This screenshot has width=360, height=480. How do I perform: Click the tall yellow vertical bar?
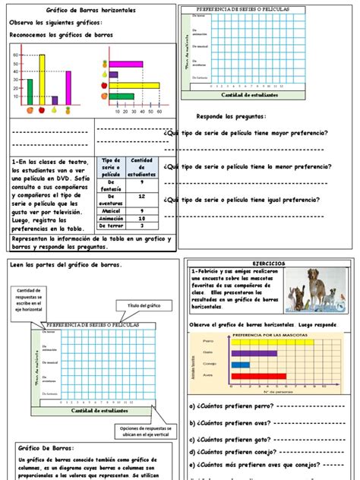tap(43, 79)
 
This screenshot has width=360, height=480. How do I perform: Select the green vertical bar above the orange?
tap(30, 90)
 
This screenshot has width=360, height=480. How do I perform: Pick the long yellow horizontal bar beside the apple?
tap(134, 86)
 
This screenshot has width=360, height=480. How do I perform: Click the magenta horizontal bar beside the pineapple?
tap(126, 65)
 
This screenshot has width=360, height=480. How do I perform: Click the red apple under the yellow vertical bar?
tap(42, 110)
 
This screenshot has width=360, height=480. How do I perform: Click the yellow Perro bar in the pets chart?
tap(271, 343)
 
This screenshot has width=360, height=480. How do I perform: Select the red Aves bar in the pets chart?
tap(258, 374)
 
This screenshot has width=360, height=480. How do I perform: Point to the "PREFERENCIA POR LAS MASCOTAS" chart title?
tap(265, 334)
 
